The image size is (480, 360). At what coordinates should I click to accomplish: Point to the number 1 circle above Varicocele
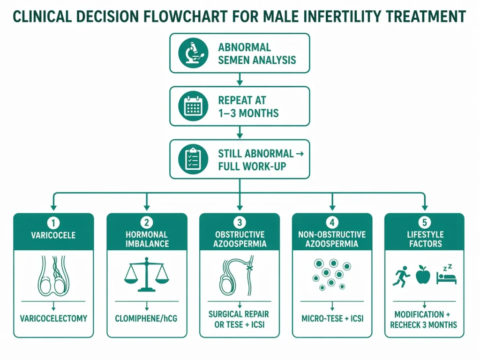click(x=53, y=222)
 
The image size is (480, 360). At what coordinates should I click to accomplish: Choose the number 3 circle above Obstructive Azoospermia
click(x=240, y=222)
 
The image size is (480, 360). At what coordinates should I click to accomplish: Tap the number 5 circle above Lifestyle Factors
click(x=425, y=222)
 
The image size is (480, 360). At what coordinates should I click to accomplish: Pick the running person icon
click(x=401, y=275)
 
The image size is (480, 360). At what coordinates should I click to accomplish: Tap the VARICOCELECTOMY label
click(x=53, y=319)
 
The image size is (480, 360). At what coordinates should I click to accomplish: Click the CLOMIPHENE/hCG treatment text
click(x=146, y=319)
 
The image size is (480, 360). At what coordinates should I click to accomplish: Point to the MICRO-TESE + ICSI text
click(x=332, y=319)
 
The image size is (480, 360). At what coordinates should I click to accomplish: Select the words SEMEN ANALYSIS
click(x=257, y=60)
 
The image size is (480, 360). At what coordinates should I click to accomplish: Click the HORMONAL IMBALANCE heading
click(x=146, y=239)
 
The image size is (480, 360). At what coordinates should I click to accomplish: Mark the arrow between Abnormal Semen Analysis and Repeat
click(x=240, y=80)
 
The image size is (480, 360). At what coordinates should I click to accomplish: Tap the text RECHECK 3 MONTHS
click(x=425, y=325)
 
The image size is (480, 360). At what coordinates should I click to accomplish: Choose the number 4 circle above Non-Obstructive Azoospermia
click(x=332, y=222)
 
